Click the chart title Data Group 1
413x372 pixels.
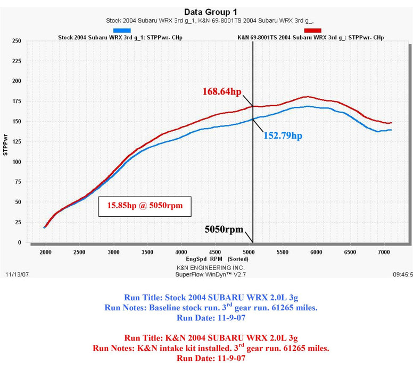click(x=211, y=12)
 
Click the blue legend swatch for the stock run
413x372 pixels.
click(x=122, y=31)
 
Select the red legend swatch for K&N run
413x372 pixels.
click(x=312, y=31)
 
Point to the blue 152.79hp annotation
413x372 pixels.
click(x=283, y=136)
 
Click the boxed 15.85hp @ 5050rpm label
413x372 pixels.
click(x=145, y=205)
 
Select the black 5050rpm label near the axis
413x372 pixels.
click(x=224, y=230)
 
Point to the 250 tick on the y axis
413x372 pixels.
click(x=16, y=41)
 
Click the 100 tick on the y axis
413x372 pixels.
click(x=16, y=162)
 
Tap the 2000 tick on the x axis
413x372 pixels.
click(x=46, y=252)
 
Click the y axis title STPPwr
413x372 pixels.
click(x=5, y=142)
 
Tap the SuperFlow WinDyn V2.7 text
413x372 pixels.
click(x=210, y=275)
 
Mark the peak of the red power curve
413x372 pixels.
click(x=308, y=97)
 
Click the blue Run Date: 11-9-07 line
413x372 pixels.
click(x=210, y=318)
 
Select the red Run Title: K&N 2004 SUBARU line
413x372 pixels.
click(x=210, y=337)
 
